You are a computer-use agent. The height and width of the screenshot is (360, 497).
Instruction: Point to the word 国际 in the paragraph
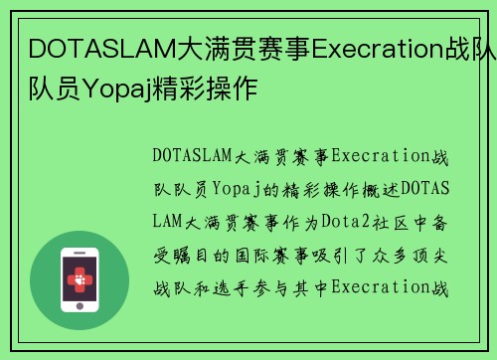click(x=261, y=255)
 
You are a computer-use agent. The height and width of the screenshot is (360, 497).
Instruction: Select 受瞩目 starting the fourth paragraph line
click(x=177, y=255)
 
